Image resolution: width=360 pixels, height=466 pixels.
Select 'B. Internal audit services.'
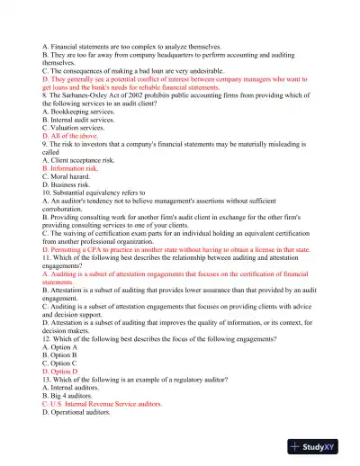point(80,119)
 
